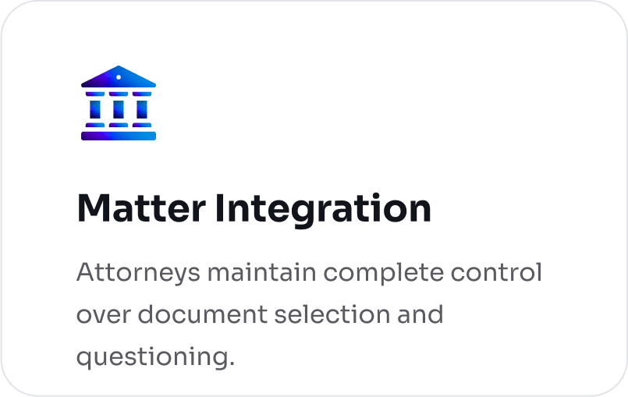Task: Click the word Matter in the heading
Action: (141, 208)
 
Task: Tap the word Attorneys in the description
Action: (138, 274)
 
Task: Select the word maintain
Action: (262, 272)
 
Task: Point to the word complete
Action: (384, 274)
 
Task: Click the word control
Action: (497, 272)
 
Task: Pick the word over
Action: (103, 315)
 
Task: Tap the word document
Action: (203, 314)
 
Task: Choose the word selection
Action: (332, 314)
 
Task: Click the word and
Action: (420, 314)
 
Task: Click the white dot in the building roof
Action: (119, 77)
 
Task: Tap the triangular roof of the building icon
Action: (119, 76)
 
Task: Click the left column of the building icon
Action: (95, 109)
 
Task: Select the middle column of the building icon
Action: (119, 109)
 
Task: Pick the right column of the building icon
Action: (142, 109)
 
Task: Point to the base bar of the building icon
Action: (119, 136)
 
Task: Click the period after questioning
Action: (232, 364)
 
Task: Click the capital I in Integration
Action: (219, 208)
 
